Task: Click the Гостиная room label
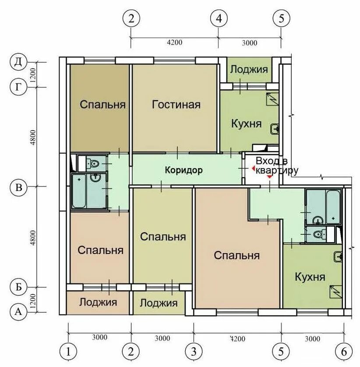176,104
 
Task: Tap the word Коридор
184,170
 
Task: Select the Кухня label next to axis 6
310,277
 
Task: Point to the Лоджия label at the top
249,70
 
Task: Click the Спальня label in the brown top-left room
102,104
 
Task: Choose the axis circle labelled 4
219,18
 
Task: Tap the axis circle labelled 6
344,352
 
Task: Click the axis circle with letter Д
18,63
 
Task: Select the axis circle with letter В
18,187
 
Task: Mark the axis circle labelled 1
68,352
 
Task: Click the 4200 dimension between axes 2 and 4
175,42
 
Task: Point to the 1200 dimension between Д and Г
33,75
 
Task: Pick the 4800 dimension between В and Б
33,238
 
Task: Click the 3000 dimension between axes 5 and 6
312,339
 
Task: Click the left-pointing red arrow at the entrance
253,168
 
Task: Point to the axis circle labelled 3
194,352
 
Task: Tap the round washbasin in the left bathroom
95,178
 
